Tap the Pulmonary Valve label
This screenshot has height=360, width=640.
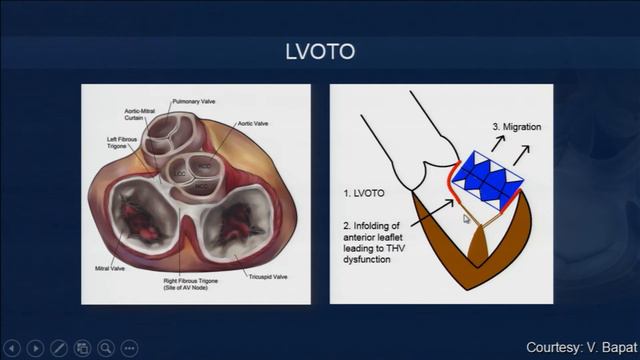194,102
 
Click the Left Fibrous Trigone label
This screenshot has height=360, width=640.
122,143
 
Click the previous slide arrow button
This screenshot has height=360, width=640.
13,347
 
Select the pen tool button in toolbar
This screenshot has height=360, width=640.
59,347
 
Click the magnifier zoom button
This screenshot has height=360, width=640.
105,347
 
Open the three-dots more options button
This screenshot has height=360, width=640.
128,347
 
